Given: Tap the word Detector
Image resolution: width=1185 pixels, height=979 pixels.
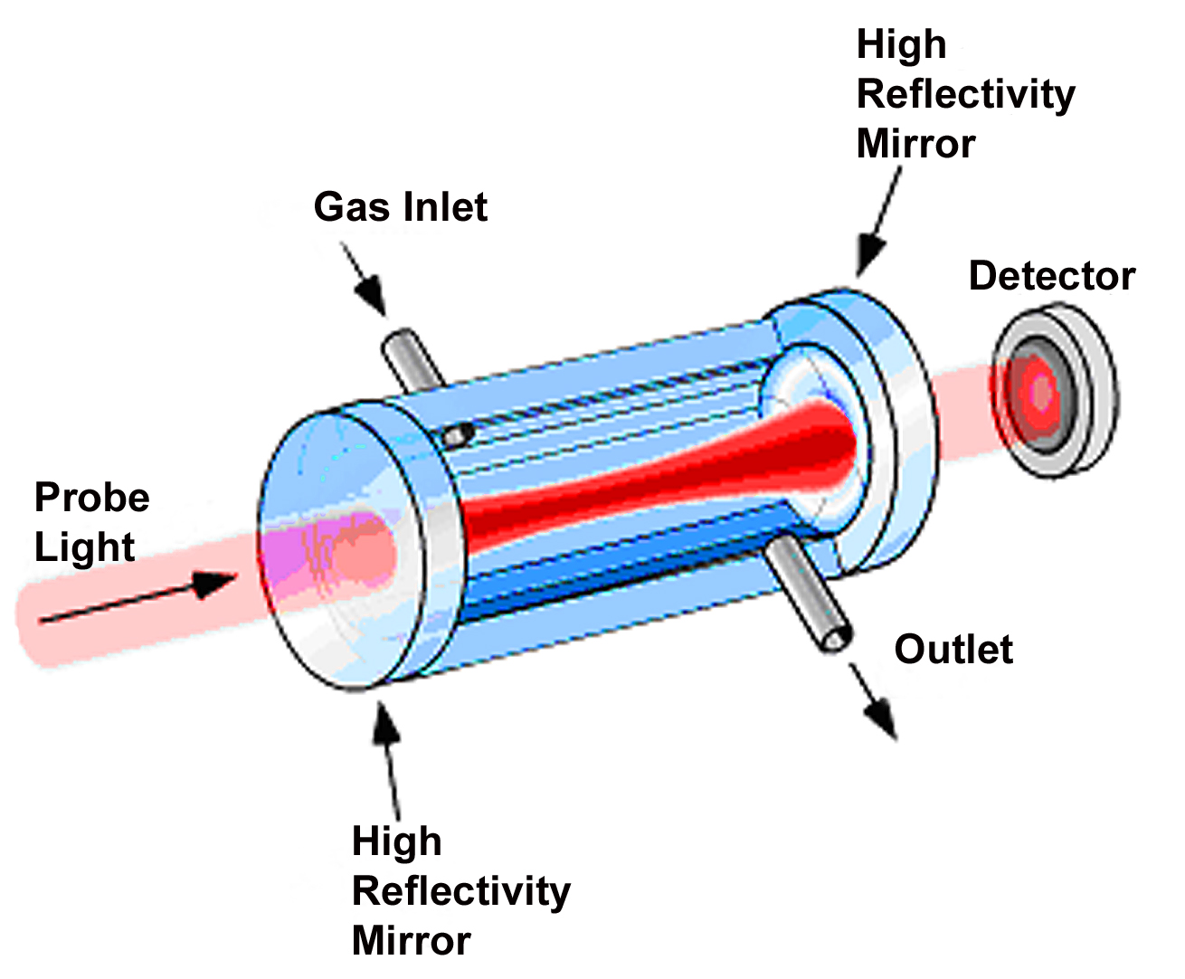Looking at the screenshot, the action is coord(1052,276).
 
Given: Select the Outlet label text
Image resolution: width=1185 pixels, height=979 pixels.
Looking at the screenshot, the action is coord(953,649).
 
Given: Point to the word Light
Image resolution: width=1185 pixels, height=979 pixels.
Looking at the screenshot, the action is coord(84,548).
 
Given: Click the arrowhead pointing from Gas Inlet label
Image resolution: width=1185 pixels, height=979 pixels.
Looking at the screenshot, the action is coord(372,294).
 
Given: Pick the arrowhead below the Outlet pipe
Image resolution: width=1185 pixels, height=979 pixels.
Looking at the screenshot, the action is coord(881,719).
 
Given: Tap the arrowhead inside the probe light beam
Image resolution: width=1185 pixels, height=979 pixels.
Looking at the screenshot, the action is coord(214,584).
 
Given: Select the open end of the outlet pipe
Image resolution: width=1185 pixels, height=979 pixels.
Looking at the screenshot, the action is coord(837,640).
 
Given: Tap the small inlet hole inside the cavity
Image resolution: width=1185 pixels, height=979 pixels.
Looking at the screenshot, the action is coord(459,434).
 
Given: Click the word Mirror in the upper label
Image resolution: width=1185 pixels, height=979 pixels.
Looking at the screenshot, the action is coord(915,144).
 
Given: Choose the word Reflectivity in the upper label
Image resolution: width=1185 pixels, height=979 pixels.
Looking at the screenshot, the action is coord(966,95).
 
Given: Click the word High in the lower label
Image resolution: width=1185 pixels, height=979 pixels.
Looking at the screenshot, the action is coord(397,842).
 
